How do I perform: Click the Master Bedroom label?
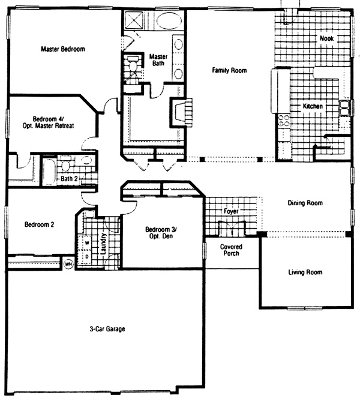63,49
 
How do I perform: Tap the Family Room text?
229,70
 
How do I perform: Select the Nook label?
326,38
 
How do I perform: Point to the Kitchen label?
313,106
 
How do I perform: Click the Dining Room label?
305,203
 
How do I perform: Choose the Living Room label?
305,273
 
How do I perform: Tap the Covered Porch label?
231,250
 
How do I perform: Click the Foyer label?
231,211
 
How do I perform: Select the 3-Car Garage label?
107,329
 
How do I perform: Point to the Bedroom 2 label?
39,225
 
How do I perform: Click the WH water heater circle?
68,264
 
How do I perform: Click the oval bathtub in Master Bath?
169,20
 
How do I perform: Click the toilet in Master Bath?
133,64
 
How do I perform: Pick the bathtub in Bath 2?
49,172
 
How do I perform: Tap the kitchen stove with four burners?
283,121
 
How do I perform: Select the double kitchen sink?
344,107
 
